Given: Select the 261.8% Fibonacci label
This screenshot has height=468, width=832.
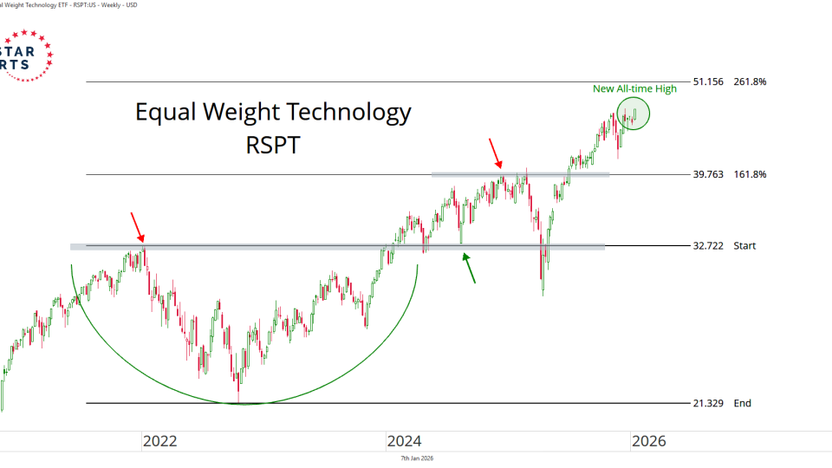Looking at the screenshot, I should (750, 82).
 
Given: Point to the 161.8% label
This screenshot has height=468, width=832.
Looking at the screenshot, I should (750, 174).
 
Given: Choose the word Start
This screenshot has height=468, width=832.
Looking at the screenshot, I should (744, 246).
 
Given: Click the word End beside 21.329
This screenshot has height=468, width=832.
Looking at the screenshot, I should (743, 404).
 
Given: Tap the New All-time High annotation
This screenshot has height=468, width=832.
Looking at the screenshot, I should (634, 88).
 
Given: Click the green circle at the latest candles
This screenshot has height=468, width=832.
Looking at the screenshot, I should (634, 114).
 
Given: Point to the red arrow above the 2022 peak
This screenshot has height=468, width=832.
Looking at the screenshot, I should (137, 226).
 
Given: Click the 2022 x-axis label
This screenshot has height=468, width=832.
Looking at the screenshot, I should (159, 441).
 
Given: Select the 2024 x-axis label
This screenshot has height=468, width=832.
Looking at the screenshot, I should (404, 441).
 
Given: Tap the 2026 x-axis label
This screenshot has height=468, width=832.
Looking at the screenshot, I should (648, 441).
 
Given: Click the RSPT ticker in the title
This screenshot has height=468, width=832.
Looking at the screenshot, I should (273, 145).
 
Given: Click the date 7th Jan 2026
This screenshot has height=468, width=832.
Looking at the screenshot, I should (417, 458).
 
